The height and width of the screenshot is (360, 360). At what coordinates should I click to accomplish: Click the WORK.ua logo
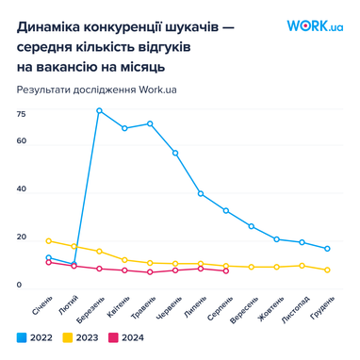pos(314,27)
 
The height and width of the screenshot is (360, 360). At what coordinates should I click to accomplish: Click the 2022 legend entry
pos(36,336)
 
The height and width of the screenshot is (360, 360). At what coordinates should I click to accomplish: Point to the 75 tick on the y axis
pos(21,113)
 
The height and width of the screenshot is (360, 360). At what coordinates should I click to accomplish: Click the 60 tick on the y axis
pos(21,141)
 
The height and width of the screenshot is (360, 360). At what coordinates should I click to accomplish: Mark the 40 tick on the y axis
pos(21,189)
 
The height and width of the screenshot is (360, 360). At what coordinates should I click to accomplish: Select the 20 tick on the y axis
pos(21,237)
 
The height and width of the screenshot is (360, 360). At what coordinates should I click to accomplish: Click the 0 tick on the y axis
pos(19,285)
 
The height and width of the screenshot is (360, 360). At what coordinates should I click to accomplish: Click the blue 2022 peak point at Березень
pos(99,110)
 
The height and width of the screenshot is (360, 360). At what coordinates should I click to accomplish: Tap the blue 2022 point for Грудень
pos(327,249)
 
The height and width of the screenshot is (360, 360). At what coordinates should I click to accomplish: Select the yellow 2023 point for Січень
pos(48,240)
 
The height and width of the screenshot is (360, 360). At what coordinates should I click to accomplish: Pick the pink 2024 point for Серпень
pos(225,271)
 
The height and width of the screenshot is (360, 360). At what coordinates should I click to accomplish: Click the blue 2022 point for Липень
pos(201,193)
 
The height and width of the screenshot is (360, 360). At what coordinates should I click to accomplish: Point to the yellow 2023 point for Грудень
pos(327,270)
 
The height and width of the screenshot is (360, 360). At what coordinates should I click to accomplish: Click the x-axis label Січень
pos(41,305)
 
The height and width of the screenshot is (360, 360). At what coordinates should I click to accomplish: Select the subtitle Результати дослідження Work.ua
pos(97,90)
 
